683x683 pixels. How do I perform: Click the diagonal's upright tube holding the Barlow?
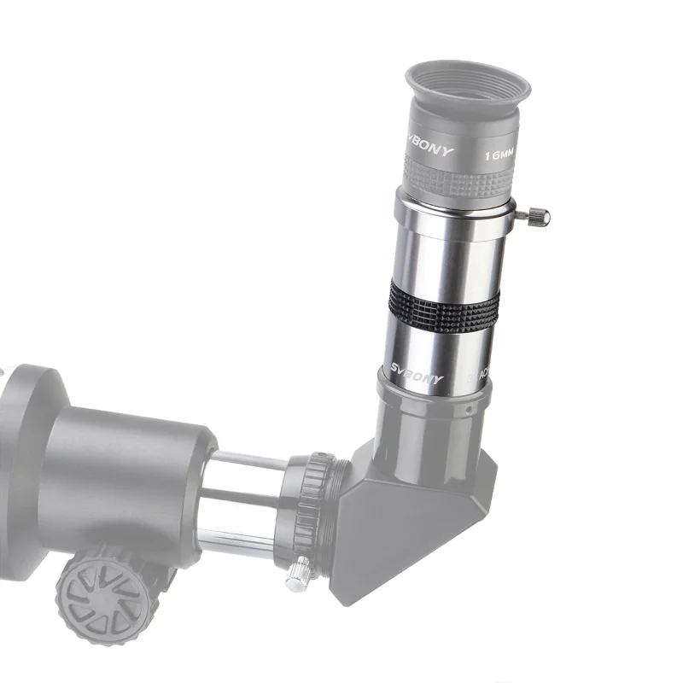(x=435, y=418)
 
